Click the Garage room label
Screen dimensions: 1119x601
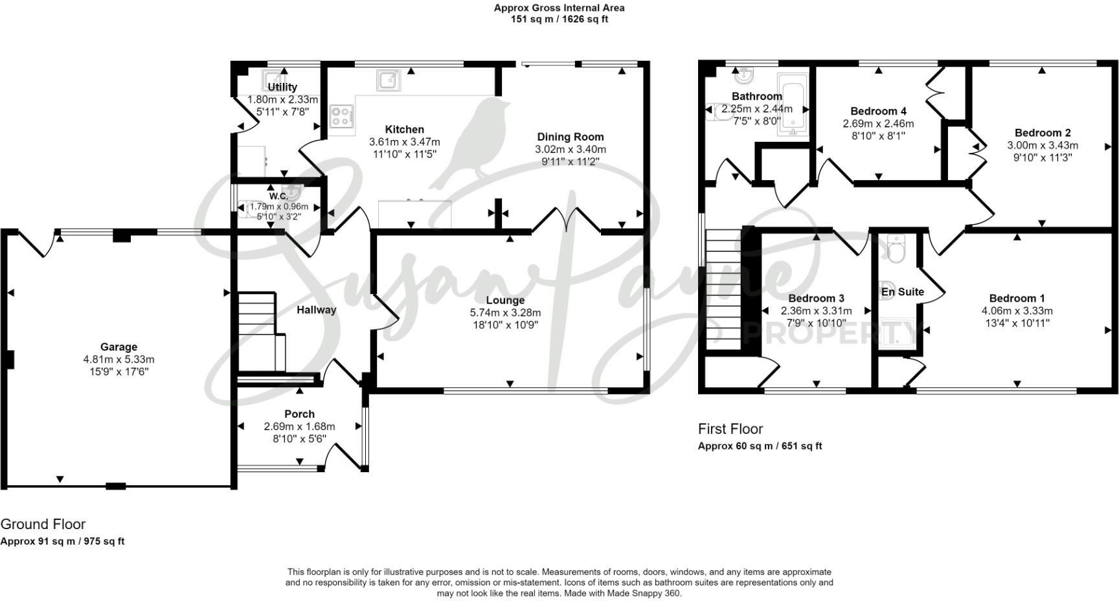coord(119,347)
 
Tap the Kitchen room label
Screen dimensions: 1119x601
coord(405,130)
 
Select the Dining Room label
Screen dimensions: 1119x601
coord(571,137)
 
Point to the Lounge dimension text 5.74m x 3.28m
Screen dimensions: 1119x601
coord(506,313)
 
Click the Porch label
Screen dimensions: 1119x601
coord(299,414)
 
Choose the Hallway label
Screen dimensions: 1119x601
coord(317,310)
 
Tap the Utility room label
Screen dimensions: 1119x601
coord(282,87)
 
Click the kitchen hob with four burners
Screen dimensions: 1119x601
coord(342,117)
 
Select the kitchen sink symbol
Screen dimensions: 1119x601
coord(389,80)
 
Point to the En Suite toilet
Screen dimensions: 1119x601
coord(896,249)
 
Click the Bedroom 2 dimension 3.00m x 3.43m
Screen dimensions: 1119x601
coord(1043,146)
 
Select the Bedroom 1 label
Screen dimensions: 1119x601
coord(1017,299)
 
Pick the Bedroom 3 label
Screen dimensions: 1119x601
coord(816,299)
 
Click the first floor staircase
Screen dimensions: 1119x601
coord(723,290)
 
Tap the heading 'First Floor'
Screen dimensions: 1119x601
coord(730,429)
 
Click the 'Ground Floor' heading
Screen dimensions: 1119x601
coord(43,525)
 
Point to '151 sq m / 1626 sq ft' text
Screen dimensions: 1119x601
coord(559,19)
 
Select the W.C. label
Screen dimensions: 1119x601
coord(279,196)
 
